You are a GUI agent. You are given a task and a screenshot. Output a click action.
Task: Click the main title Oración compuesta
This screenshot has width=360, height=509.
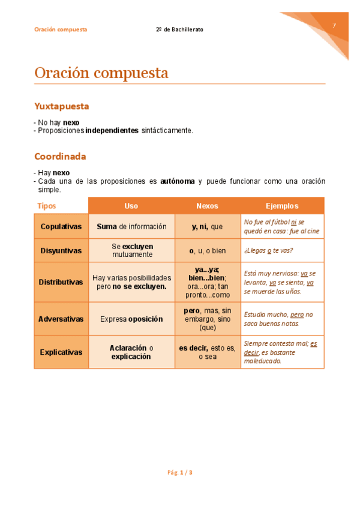point(101,73)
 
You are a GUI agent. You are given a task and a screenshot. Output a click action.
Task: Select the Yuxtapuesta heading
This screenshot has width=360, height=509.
point(62,106)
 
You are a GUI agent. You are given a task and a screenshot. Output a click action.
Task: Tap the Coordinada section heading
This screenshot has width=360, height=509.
point(60,157)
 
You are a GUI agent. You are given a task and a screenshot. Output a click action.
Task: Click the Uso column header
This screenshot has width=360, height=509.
point(131,206)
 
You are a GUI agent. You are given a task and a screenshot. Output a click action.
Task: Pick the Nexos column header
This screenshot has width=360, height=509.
point(208,206)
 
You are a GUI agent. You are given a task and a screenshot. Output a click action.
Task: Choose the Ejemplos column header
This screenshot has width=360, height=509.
point(282,206)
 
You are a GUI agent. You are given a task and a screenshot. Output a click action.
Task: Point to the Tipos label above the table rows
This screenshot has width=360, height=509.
point(47,206)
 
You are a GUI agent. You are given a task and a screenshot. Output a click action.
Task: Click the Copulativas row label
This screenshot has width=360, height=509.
point(61,226)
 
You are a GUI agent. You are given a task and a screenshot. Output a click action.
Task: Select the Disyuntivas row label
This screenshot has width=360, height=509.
point(61,250)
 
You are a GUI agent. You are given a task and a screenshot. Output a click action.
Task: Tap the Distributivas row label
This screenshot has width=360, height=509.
point(61,282)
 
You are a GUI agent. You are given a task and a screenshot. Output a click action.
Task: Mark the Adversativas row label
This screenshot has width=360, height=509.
point(61,319)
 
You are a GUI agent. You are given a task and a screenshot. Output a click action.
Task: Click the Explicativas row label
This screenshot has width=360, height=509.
point(61,352)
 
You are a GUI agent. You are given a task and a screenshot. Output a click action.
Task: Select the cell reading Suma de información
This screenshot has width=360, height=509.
point(131,226)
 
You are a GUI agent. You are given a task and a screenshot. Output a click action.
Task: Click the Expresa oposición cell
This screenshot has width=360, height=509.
point(131,319)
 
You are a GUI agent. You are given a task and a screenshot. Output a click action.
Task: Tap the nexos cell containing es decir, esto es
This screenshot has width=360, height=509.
point(208,352)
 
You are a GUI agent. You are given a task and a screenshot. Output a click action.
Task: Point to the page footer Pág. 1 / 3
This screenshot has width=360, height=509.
point(180,472)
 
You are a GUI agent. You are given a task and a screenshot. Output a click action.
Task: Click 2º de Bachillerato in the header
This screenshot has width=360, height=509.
point(179,29)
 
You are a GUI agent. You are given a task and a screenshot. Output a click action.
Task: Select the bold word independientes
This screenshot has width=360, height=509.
point(112,130)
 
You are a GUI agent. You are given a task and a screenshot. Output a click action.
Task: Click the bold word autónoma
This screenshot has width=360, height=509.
point(178,181)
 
